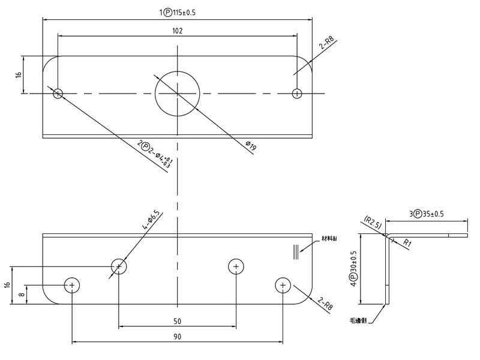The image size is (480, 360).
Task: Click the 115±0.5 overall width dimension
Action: [x=177, y=13]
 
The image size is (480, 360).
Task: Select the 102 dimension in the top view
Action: [x=177, y=30]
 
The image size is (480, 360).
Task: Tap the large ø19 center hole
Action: [x=177, y=93]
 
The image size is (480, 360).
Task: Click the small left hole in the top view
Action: [x=58, y=93]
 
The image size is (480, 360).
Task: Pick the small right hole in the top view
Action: [x=296, y=93]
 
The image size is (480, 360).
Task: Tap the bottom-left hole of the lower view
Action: [x=72, y=285]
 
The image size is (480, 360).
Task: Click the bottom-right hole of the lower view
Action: [x=283, y=285]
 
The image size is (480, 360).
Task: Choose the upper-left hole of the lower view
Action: [x=119, y=266]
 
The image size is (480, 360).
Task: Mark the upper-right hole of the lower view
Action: [x=236, y=266]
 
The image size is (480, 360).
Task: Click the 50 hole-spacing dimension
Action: [x=177, y=321]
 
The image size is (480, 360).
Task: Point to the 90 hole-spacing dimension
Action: [x=177, y=337]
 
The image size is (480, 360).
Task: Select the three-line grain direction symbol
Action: [x=295, y=252]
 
